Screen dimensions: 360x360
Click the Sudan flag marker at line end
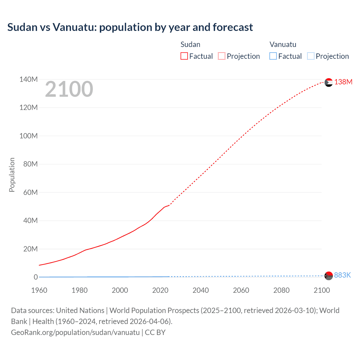pos(328,82)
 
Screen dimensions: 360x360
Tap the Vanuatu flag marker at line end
pos(328,276)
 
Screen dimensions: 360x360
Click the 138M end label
pos(343,82)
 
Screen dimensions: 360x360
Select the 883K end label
pos(342,275)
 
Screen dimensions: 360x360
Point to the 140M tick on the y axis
pos(28,79)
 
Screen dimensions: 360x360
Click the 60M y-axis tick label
pos(30,192)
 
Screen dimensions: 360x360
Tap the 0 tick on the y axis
pos(36,277)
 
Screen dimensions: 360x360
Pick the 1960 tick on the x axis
pos(39,290)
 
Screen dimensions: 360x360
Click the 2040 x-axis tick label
pos(201,290)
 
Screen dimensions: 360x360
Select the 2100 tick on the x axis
pos(321,290)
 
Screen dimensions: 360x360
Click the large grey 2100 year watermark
pos(69,89)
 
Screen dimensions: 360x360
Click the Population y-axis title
pos(12,175)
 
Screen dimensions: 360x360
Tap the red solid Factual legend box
pos(184,56)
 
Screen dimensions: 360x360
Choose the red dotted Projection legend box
pos(222,56)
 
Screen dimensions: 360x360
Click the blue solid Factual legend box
pos(273,56)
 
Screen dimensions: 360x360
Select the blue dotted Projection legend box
pos(310,56)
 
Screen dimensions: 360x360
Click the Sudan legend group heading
pos(190,44)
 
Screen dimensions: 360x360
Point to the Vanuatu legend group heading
pos(283,44)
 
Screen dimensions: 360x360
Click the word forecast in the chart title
pos(233,27)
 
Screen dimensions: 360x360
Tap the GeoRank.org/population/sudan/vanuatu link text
pos(75,332)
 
